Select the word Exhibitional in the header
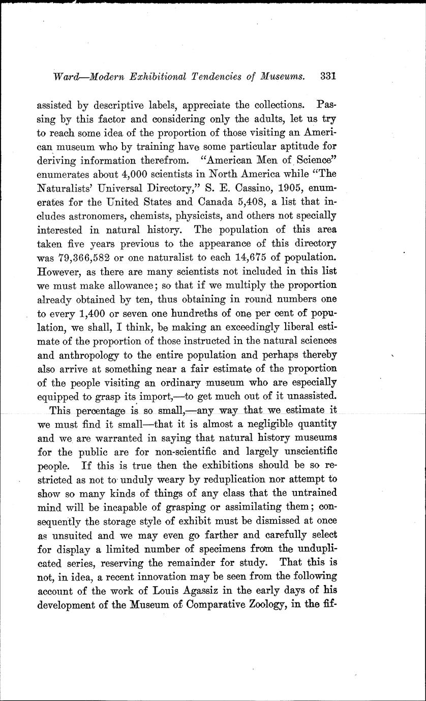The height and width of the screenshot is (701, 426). (153, 77)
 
